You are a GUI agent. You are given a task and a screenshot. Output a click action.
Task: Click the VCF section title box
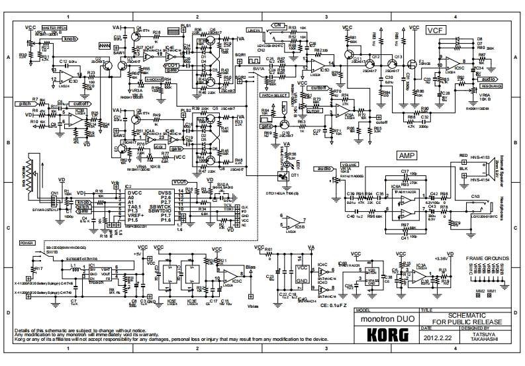coord(434,30)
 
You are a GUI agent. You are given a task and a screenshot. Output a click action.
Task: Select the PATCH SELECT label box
coord(273,95)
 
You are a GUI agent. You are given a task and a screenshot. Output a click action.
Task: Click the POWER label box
coord(27,243)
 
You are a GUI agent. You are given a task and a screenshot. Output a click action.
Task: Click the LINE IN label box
coord(254,30)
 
